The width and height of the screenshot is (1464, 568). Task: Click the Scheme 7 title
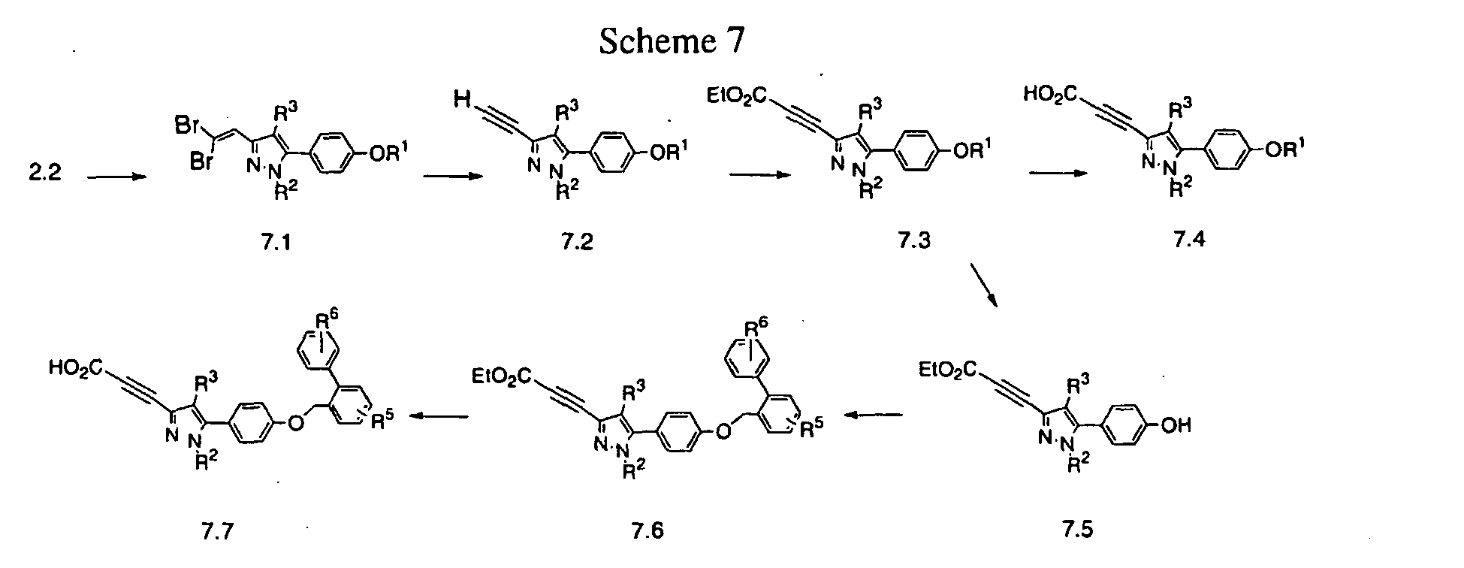click(672, 42)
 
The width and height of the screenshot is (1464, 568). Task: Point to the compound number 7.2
click(577, 243)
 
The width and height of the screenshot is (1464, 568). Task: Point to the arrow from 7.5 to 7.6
click(872, 414)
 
